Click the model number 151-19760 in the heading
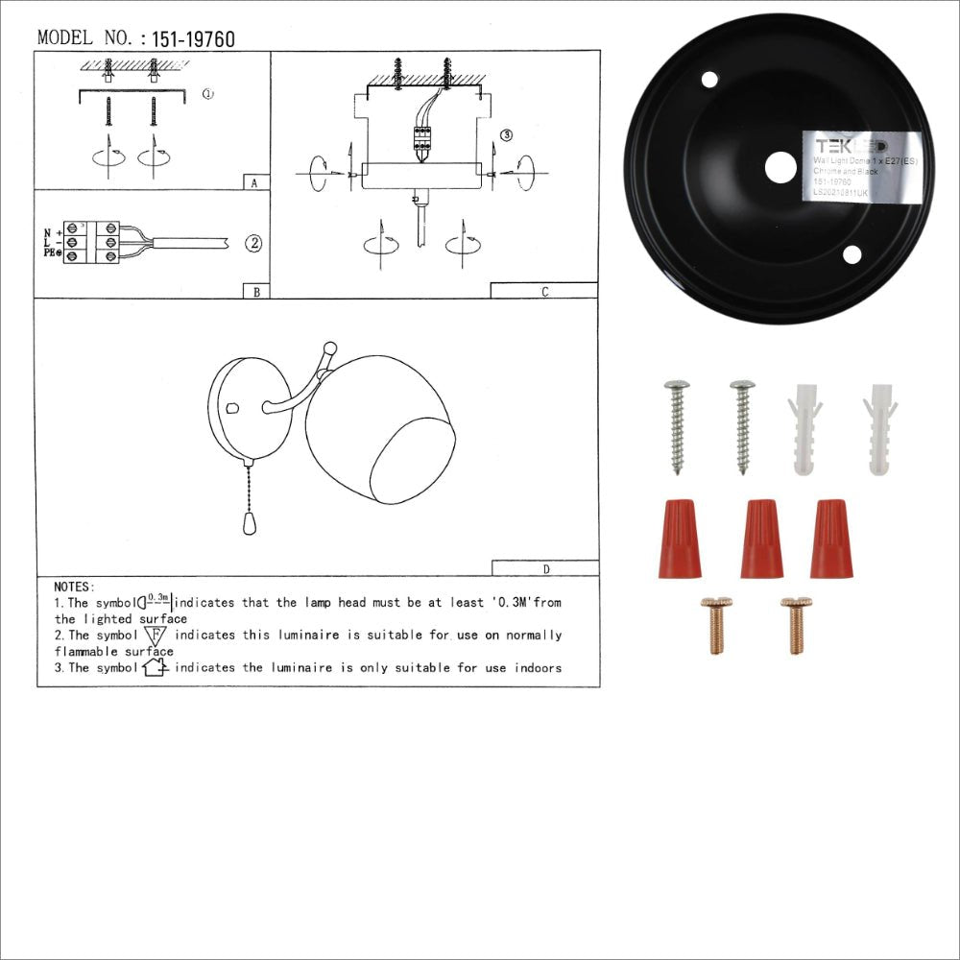tap(193, 39)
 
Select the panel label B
tap(255, 291)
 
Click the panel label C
tap(544, 292)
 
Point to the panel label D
tap(545, 568)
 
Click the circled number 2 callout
tap(252, 244)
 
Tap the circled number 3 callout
tap(507, 135)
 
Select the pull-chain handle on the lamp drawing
tap(245, 523)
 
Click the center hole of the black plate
tap(780, 168)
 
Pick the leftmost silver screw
tap(677, 426)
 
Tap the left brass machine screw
tap(716, 625)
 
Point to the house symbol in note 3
tap(155, 667)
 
